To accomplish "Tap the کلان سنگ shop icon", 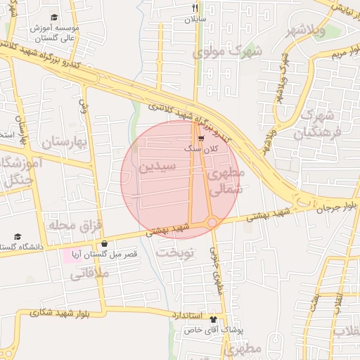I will pos(201,139).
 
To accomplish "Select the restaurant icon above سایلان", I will pos(195,8).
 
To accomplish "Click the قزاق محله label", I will pos(75,225).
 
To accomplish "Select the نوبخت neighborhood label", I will pos(174,252).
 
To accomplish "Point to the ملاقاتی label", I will pos(89,274).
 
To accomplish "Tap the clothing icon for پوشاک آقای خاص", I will pos(214,319).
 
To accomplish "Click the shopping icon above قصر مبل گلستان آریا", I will pos(104,244).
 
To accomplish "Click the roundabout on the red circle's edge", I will pos(212,223).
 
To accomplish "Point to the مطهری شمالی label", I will pos(226,180).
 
